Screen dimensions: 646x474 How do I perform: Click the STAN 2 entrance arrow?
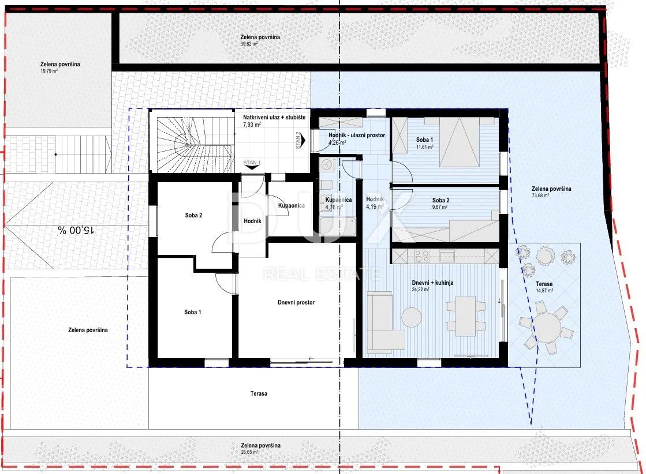(x=303, y=140)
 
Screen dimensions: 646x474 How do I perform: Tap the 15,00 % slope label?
(x=76, y=230)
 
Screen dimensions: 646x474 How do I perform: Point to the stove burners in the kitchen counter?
(x=422, y=257)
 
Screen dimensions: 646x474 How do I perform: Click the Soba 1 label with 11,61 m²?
(x=424, y=143)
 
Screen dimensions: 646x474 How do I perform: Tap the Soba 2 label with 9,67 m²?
(x=440, y=203)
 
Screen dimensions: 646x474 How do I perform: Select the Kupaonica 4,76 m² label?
(x=338, y=203)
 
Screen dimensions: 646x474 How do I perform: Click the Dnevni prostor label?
(x=296, y=302)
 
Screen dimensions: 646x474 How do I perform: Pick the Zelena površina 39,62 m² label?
(x=260, y=40)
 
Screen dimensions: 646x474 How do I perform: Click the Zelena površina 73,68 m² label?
(x=551, y=192)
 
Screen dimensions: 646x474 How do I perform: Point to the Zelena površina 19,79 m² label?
(x=60, y=67)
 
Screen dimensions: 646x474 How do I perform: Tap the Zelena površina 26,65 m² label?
(x=260, y=448)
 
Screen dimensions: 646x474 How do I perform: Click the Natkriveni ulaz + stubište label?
(x=274, y=121)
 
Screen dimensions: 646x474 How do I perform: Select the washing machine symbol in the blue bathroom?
(x=327, y=164)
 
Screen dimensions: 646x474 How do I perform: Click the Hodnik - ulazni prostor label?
(x=357, y=138)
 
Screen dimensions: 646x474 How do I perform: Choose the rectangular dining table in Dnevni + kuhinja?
(x=465, y=315)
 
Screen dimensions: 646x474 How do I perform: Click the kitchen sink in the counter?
(x=447, y=257)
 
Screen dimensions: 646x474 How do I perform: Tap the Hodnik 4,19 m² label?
(x=375, y=203)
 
